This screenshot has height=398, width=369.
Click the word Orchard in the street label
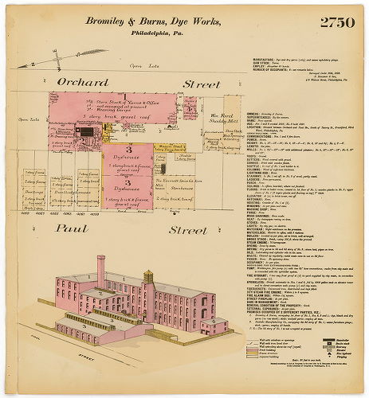point(81,82)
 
